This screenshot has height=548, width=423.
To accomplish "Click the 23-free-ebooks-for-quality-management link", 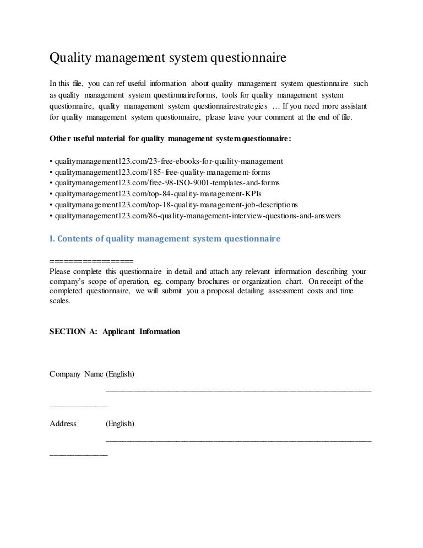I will click(166, 162).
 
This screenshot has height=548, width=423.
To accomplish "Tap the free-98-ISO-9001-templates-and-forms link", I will click(164, 182).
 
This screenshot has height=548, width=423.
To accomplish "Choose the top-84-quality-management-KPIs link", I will click(155, 194).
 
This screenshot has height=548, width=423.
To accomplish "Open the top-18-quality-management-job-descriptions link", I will click(173, 205).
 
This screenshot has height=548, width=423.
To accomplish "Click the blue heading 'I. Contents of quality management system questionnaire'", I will click(165, 239).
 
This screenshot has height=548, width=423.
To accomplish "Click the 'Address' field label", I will click(63, 424).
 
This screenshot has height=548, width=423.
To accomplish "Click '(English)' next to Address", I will click(120, 424).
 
